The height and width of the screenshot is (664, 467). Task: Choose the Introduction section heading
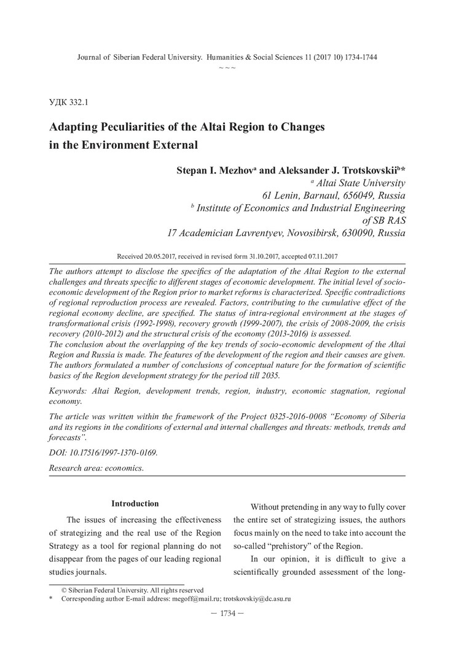click(x=135, y=504)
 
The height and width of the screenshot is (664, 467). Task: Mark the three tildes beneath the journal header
click(x=227, y=66)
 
